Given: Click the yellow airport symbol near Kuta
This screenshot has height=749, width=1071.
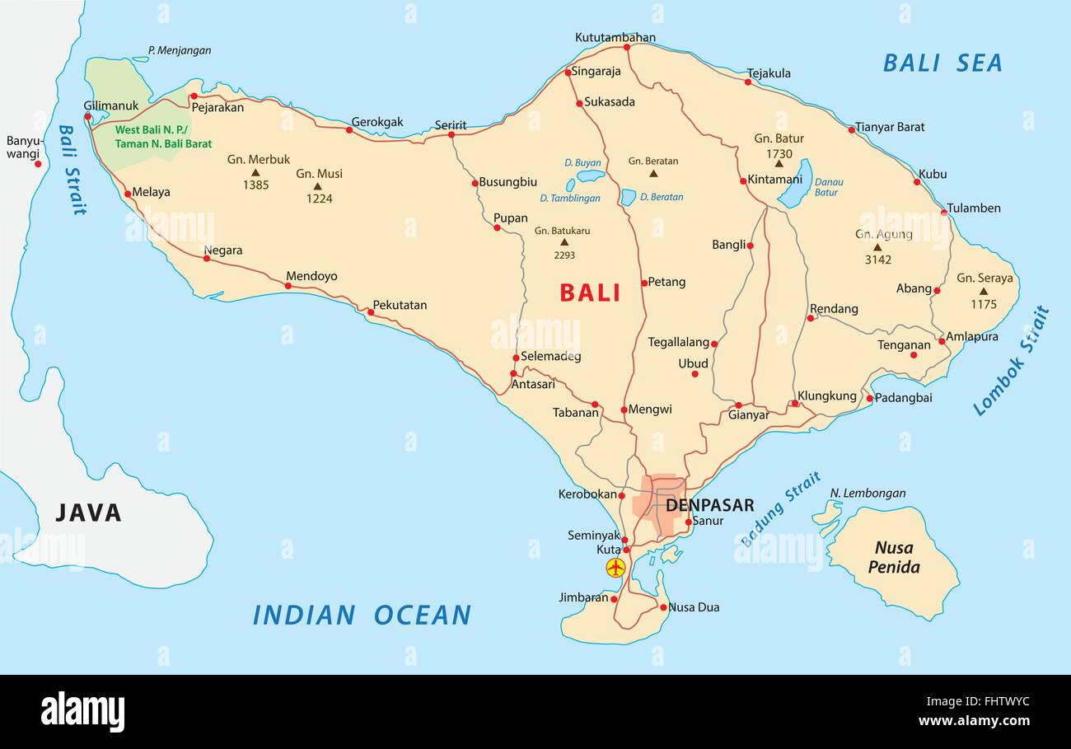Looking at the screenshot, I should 615,567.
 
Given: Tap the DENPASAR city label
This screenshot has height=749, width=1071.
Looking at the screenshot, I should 709,504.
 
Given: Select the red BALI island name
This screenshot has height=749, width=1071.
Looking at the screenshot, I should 590,293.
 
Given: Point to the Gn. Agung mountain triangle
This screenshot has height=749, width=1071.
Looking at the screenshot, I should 877,247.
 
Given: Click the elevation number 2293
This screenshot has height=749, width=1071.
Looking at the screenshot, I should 564,255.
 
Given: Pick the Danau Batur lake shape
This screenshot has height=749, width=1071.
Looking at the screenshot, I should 796,185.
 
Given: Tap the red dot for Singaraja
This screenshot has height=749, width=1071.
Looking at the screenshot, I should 568,73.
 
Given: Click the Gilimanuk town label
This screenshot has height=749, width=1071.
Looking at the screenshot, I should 111,105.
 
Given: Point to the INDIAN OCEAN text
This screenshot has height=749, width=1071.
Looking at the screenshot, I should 362,615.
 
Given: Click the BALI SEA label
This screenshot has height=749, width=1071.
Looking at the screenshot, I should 942,63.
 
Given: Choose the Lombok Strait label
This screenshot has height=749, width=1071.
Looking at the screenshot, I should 1012,361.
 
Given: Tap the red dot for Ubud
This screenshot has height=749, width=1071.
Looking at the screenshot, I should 695,374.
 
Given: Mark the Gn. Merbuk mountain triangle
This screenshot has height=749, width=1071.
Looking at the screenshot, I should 255,173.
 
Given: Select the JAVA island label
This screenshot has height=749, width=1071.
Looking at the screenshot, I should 88,513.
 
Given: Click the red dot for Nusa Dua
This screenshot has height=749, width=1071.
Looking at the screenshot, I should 663,607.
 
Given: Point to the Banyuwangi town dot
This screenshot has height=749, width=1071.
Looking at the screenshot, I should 38,164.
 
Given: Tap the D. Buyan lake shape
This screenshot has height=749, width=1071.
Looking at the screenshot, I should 591,176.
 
